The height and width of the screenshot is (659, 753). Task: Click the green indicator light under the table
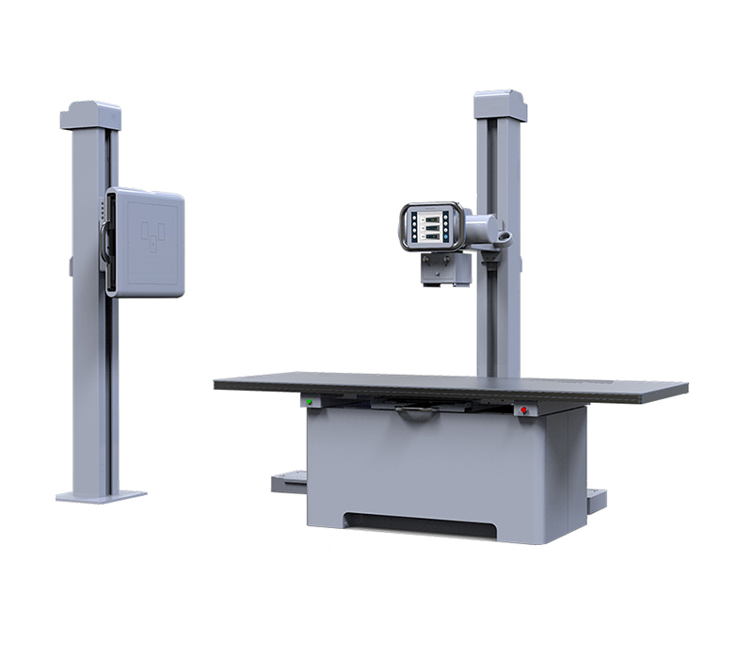pyautogui.click(x=308, y=402)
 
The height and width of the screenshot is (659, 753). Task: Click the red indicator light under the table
pyautogui.click(x=523, y=410)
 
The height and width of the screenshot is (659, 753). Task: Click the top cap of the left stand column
pyautogui.click(x=90, y=115)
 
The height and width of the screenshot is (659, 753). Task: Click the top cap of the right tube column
pyautogui.click(x=499, y=104)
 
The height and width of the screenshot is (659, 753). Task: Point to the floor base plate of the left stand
pyautogui.click(x=101, y=495)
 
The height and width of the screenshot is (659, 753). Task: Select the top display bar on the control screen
pyautogui.click(x=430, y=216)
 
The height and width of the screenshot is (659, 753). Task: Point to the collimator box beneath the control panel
pyautogui.click(x=444, y=268)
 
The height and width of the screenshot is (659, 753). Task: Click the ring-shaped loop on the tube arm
pyautogui.click(x=504, y=233)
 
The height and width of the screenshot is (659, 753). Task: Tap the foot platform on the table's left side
pyautogui.click(x=289, y=484)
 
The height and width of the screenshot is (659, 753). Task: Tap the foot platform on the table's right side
pyautogui.click(x=595, y=499)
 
